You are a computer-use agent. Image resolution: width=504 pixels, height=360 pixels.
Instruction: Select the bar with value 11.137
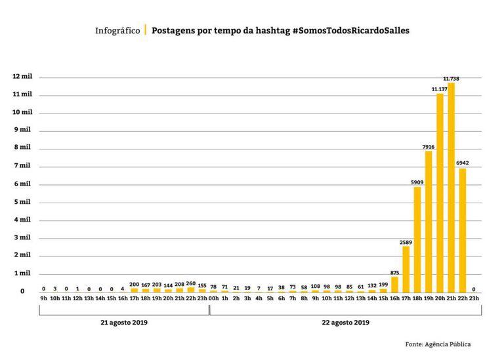[x=440, y=193]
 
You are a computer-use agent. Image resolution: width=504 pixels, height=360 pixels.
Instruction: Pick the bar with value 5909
[x=417, y=239]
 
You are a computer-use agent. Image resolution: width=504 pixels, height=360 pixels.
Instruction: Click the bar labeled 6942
[x=462, y=230]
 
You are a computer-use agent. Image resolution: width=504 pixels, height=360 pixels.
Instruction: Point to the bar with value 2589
[x=406, y=269]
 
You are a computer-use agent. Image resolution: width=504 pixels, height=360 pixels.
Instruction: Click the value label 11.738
[x=451, y=78]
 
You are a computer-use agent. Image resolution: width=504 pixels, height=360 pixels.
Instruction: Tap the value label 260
[x=191, y=283]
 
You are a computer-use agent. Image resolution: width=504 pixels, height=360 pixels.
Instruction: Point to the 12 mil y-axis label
[x=22, y=77]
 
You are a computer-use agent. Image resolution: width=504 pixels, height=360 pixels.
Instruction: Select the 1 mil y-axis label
[x=22, y=273]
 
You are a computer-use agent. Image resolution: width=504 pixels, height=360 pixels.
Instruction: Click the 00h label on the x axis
[x=213, y=298]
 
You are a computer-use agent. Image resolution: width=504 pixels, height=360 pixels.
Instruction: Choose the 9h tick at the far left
[x=43, y=298]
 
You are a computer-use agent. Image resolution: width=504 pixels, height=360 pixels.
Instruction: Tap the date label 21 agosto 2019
[x=123, y=323]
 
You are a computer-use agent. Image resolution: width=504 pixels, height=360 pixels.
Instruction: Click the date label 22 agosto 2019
[x=345, y=323]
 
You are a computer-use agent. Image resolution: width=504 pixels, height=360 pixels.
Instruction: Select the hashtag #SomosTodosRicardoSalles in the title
[x=350, y=31]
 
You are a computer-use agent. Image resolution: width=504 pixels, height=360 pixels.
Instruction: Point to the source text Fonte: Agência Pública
[x=438, y=344]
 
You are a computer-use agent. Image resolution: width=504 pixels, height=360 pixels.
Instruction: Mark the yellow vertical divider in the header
[x=145, y=31]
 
